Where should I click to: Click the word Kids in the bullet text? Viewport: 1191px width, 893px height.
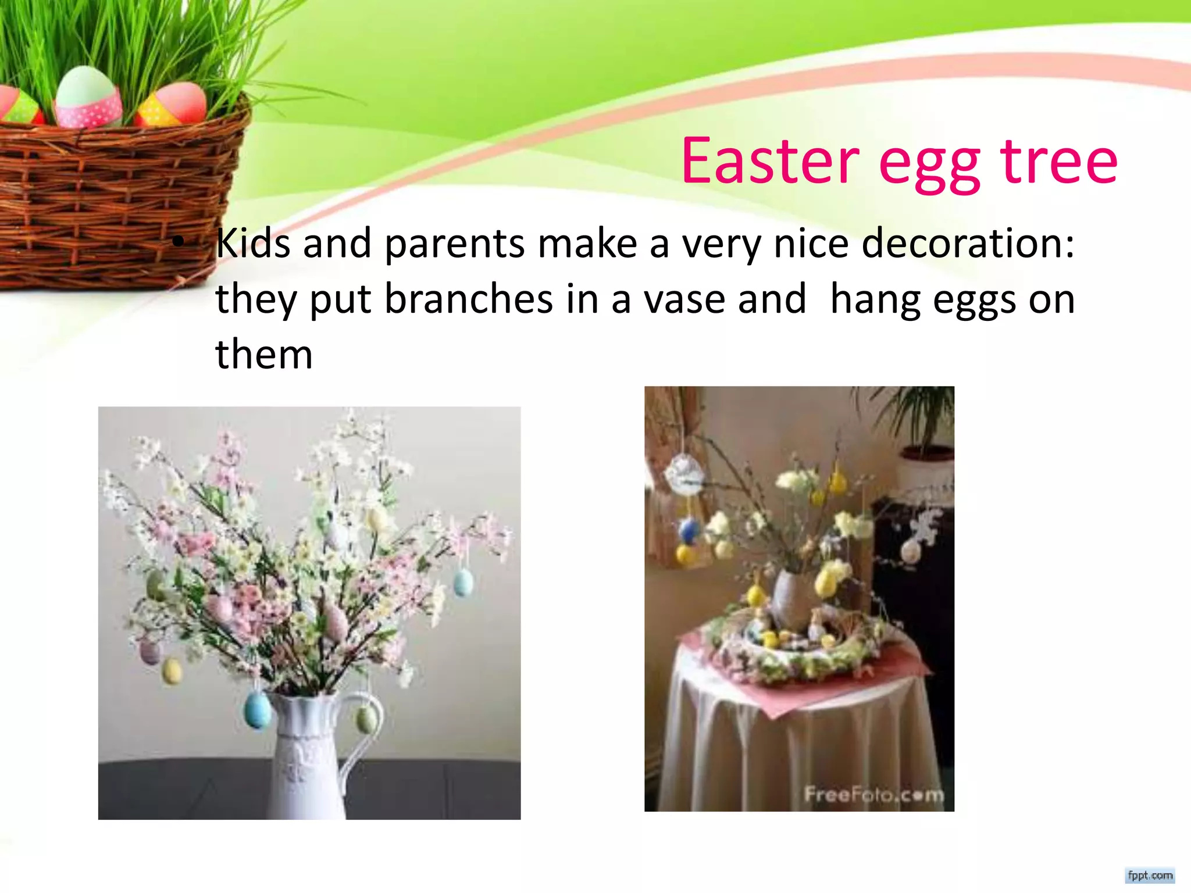click(x=252, y=243)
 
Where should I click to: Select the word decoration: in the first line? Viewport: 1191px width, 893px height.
click(x=968, y=243)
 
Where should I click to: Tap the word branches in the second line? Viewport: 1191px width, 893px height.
click(x=469, y=299)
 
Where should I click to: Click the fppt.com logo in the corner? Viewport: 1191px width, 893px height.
click(x=1150, y=875)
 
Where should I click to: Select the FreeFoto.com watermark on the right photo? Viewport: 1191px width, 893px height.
click(x=873, y=794)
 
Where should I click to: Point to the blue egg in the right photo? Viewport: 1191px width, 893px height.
click(x=690, y=530)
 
